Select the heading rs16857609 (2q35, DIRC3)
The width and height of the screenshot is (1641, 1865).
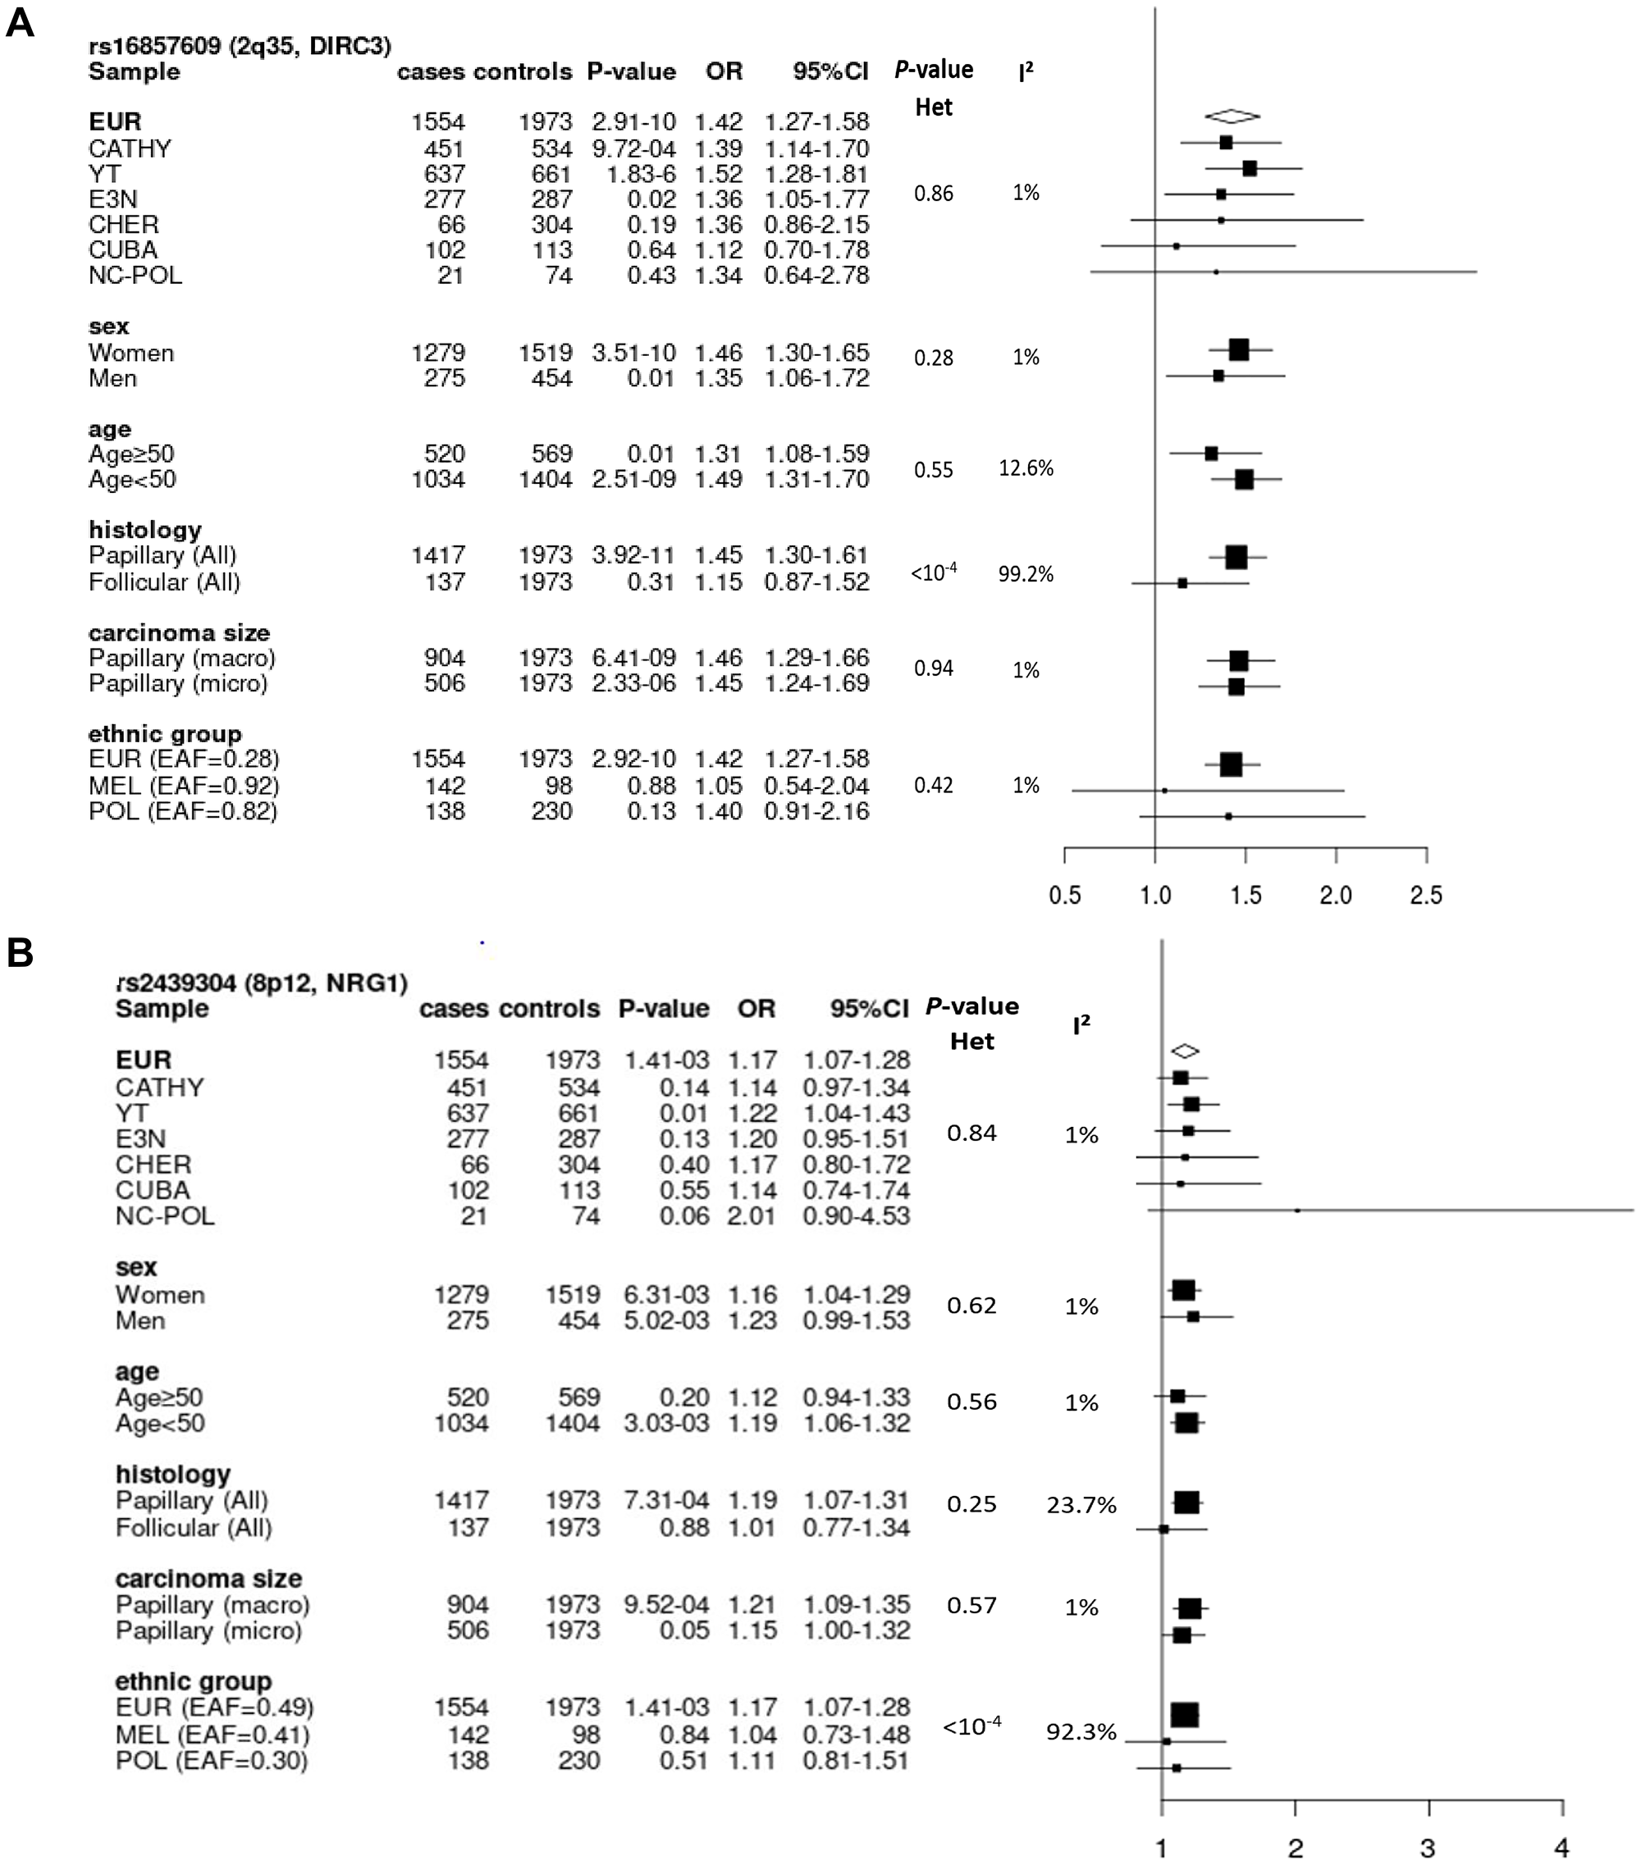pyautogui.click(x=240, y=46)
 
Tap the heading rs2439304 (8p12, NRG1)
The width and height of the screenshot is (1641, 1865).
pyautogui.click(x=262, y=983)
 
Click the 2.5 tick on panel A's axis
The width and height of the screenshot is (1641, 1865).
pyautogui.click(x=1425, y=895)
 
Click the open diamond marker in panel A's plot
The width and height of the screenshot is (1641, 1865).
pyautogui.click(x=1232, y=116)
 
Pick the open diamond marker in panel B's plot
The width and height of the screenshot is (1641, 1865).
pyautogui.click(x=1185, y=1051)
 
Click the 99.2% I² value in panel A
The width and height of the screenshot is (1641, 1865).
pyautogui.click(x=1026, y=574)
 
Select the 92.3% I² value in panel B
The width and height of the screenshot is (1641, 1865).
pyautogui.click(x=1081, y=1732)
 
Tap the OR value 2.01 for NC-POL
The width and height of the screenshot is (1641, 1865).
pyautogui.click(x=752, y=1215)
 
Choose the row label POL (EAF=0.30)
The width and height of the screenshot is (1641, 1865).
pyautogui.click(x=212, y=1760)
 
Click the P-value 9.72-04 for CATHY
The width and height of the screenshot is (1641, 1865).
pyautogui.click(x=631, y=148)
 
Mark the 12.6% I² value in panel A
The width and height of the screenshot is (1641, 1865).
pyautogui.click(x=1026, y=468)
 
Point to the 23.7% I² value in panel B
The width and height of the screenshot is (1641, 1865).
pyautogui.click(x=1081, y=1506)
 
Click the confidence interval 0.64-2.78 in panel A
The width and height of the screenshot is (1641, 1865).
pyautogui.click(x=817, y=276)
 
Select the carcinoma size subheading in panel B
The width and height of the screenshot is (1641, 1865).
pyautogui.click(x=208, y=1579)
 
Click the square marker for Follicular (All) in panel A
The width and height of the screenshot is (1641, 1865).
pyautogui.click(x=1182, y=582)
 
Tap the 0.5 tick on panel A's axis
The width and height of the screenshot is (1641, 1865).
pyautogui.click(x=1064, y=895)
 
